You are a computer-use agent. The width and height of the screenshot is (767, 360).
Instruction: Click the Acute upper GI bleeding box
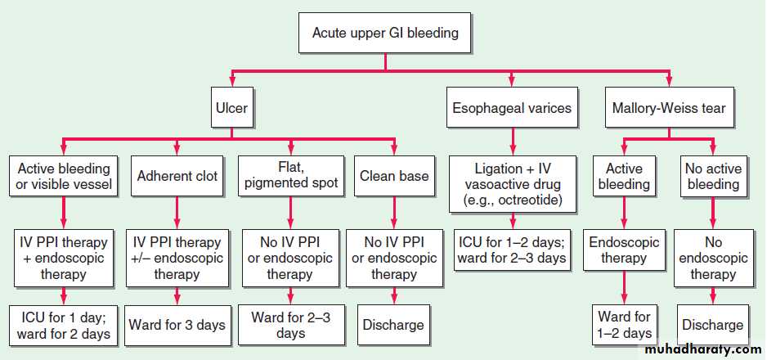pyautogui.click(x=385, y=34)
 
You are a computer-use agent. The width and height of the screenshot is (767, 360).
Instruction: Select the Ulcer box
pyautogui.click(x=231, y=108)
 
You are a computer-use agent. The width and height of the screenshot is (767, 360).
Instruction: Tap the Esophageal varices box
pyautogui.click(x=512, y=108)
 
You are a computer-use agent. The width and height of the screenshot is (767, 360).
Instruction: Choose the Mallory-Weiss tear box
pyautogui.click(x=669, y=108)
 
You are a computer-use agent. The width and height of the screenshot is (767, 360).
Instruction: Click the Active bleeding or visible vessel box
pyautogui.click(x=64, y=176)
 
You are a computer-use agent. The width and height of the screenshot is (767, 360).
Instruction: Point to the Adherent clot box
pyautogui.click(x=177, y=176)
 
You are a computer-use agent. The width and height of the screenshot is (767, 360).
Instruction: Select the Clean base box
pyautogui.click(x=394, y=176)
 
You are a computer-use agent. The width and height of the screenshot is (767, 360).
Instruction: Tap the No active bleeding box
pyautogui.click(x=713, y=176)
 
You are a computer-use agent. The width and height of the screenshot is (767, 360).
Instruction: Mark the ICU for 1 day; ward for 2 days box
pyautogui.click(x=64, y=326)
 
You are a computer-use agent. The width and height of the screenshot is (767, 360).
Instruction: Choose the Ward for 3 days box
pyautogui.click(x=177, y=326)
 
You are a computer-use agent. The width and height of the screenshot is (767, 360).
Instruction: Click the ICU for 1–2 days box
pyautogui.click(x=512, y=250)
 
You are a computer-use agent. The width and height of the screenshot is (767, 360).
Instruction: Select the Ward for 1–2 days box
pyautogui.click(x=624, y=326)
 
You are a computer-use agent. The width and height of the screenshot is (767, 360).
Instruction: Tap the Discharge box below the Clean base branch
pyautogui.click(x=394, y=326)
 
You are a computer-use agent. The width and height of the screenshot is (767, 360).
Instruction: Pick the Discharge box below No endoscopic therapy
pyautogui.click(x=713, y=326)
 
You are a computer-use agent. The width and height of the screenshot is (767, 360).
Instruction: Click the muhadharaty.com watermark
pyautogui.click(x=703, y=350)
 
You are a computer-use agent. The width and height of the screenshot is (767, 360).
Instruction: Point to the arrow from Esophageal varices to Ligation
pyautogui.click(x=512, y=142)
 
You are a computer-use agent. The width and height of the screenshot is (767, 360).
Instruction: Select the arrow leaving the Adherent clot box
pyautogui.click(x=177, y=213)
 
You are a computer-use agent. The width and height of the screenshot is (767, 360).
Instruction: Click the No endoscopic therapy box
pyautogui.click(x=713, y=259)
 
